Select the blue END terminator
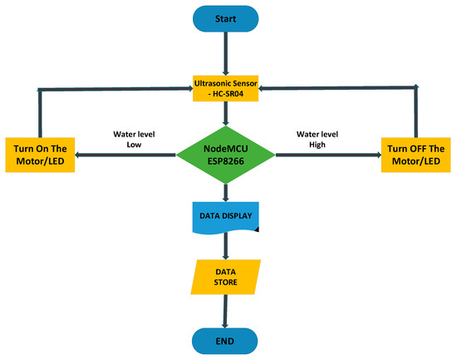pyautogui.click(x=225, y=341)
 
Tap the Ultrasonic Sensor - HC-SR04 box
pyautogui.click(x=226, y=87)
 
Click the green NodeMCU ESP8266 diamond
pyautogui.click(x=226, y=154)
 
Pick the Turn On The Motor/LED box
pyautogui.click(x=40, y=153)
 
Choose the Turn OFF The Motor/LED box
pyautogui.click(x=416, y=153)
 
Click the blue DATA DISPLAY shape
pyautogui.click(x=226, y=217)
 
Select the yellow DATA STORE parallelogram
pyautogui.click(x=226, y=276)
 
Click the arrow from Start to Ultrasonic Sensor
pyautogui.click(x=225, y=54)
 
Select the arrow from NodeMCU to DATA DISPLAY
pyautogui.click(x=226, y=192)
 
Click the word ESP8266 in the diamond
pyautogui.click(x=226, y=161)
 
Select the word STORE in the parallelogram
pyautogui.click(x=226, y=283)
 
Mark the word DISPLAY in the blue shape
pyautogui.click(x=238, y=215)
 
